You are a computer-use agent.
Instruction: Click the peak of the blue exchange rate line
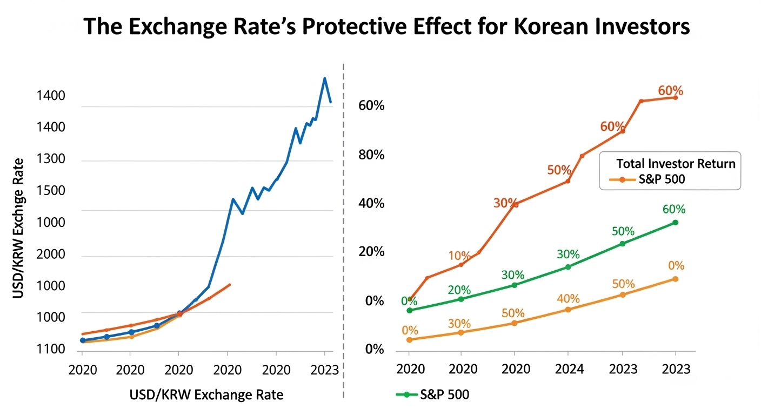click(x=324, y=78)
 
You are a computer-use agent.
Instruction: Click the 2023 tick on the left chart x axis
click(x=324, y=370)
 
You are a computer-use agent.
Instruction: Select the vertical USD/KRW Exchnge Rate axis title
click(x=19, y=227)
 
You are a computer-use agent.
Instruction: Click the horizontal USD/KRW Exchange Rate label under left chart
click(x=206, y=395)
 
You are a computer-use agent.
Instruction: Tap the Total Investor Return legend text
click(x=676, y=163)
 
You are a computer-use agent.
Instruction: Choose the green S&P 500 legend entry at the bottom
click(x=432, y=394)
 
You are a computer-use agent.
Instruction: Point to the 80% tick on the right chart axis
click(x=371, y=155)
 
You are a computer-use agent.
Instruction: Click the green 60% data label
click(x=673, y=209)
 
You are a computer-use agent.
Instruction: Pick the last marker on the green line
click(x=675, y=223)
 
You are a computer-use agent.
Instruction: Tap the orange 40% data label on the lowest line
click(x=568, y=298)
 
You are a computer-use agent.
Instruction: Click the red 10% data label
click(x=459, y=256)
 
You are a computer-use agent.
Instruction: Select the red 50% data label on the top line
click(x=559, y=170)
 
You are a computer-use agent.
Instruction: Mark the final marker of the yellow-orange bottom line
click(x=675, y=279)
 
